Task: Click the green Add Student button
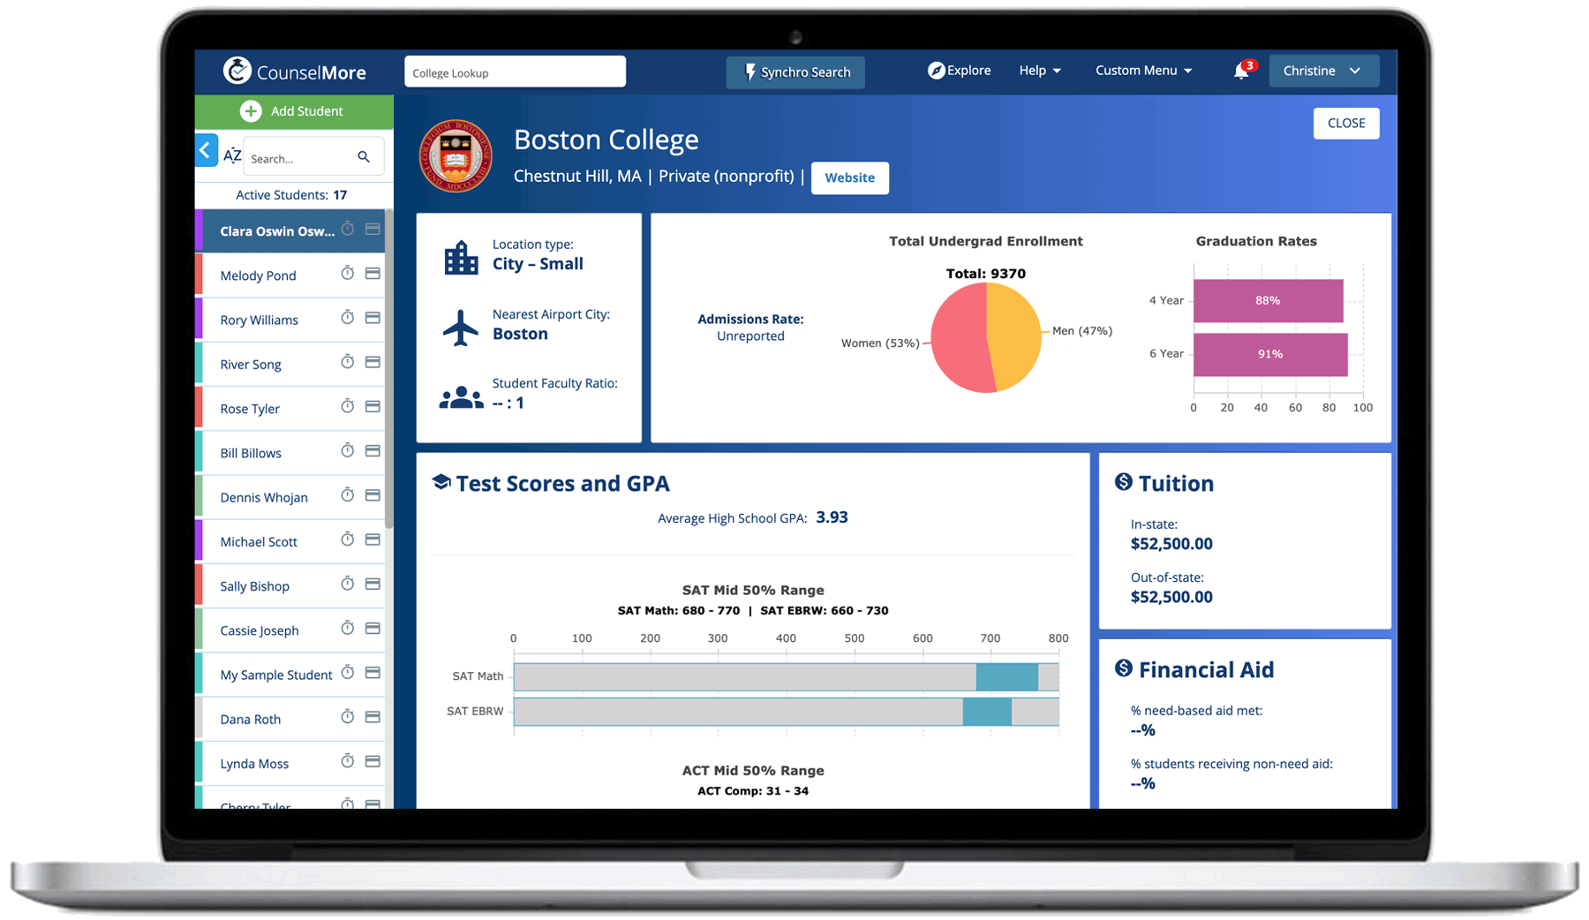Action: click(293, 111)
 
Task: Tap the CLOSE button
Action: click(1345, 124)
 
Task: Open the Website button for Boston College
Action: click(849, 177)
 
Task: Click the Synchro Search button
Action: click(795, 72)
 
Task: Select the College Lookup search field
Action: click(515, 72)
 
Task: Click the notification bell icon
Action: click(1241, 72)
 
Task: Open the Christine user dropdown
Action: click(1322, 71)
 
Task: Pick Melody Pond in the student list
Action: click(258, 275)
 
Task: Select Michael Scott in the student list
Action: click(259, 542)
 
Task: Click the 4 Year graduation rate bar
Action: click(1268, 301)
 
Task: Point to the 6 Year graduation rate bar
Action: click(1269, 354)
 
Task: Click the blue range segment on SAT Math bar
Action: click(1006, 677)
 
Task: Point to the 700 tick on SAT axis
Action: click(990, 638)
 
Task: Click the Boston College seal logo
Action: click(456, 156)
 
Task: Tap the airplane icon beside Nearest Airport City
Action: click(460, 328)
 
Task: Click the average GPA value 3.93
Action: click(832, 517)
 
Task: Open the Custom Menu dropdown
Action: click(1143, 71)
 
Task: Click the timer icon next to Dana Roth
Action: click(348, 717)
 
